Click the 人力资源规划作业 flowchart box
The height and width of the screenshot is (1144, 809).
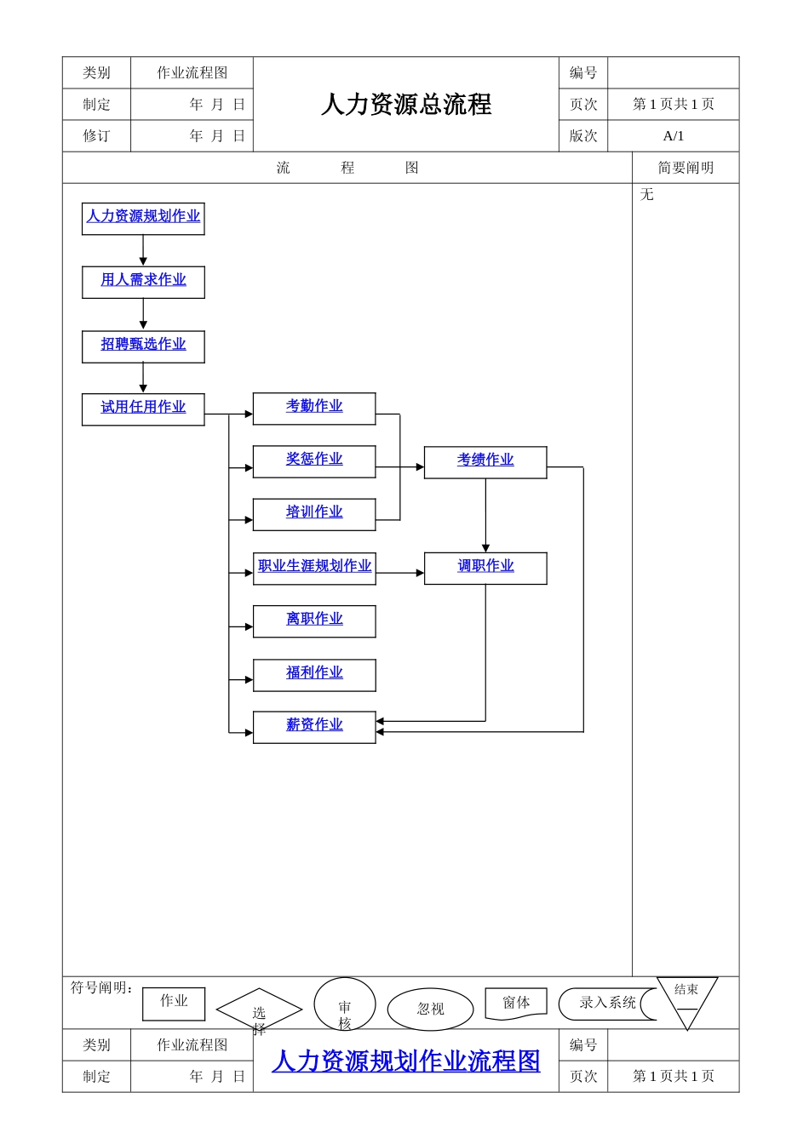(143, 219)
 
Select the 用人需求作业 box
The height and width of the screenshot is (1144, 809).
(143, 282)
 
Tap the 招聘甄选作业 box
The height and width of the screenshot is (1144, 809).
(143, 346)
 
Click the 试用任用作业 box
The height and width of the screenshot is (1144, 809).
(143, 409)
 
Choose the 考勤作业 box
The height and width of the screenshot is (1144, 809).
(314, 409)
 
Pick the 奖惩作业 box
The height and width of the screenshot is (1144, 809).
(314, 461)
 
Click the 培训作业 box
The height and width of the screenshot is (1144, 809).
(314, 514)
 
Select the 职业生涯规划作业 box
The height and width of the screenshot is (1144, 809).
(314, 568)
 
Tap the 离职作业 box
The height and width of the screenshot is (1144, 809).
(314, 621)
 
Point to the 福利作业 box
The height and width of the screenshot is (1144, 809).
(314, 675)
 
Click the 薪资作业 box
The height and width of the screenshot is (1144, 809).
(314, 727)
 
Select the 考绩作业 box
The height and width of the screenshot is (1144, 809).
(485, 462)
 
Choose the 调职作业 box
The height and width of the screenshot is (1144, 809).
(485, 568)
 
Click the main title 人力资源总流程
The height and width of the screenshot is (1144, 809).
(406, 105)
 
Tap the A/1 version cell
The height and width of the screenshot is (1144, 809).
(673, 136)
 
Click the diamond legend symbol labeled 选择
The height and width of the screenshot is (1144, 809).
(259, 1010)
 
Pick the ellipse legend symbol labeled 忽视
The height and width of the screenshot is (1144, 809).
(430, 1010)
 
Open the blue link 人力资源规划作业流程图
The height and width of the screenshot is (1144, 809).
(406, 1061)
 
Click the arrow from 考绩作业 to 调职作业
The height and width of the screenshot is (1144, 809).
(485, 516)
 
